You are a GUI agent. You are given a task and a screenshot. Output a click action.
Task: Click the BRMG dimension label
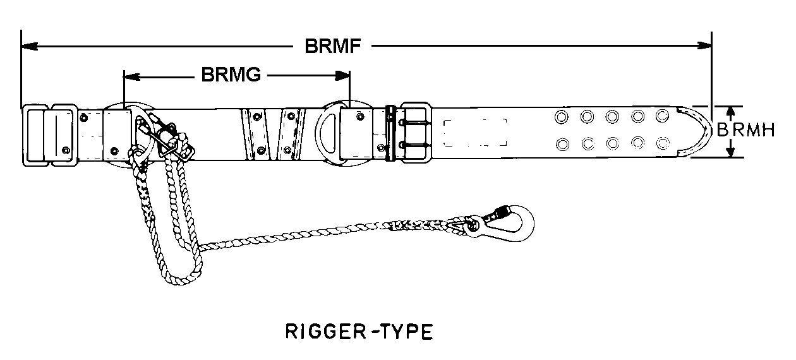231,75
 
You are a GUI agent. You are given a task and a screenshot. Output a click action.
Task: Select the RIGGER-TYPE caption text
359,332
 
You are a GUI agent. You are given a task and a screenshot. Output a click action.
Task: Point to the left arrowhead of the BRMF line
28,46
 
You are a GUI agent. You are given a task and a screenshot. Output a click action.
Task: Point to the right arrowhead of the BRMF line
705,46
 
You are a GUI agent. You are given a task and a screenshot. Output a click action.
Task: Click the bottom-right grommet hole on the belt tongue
662,143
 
